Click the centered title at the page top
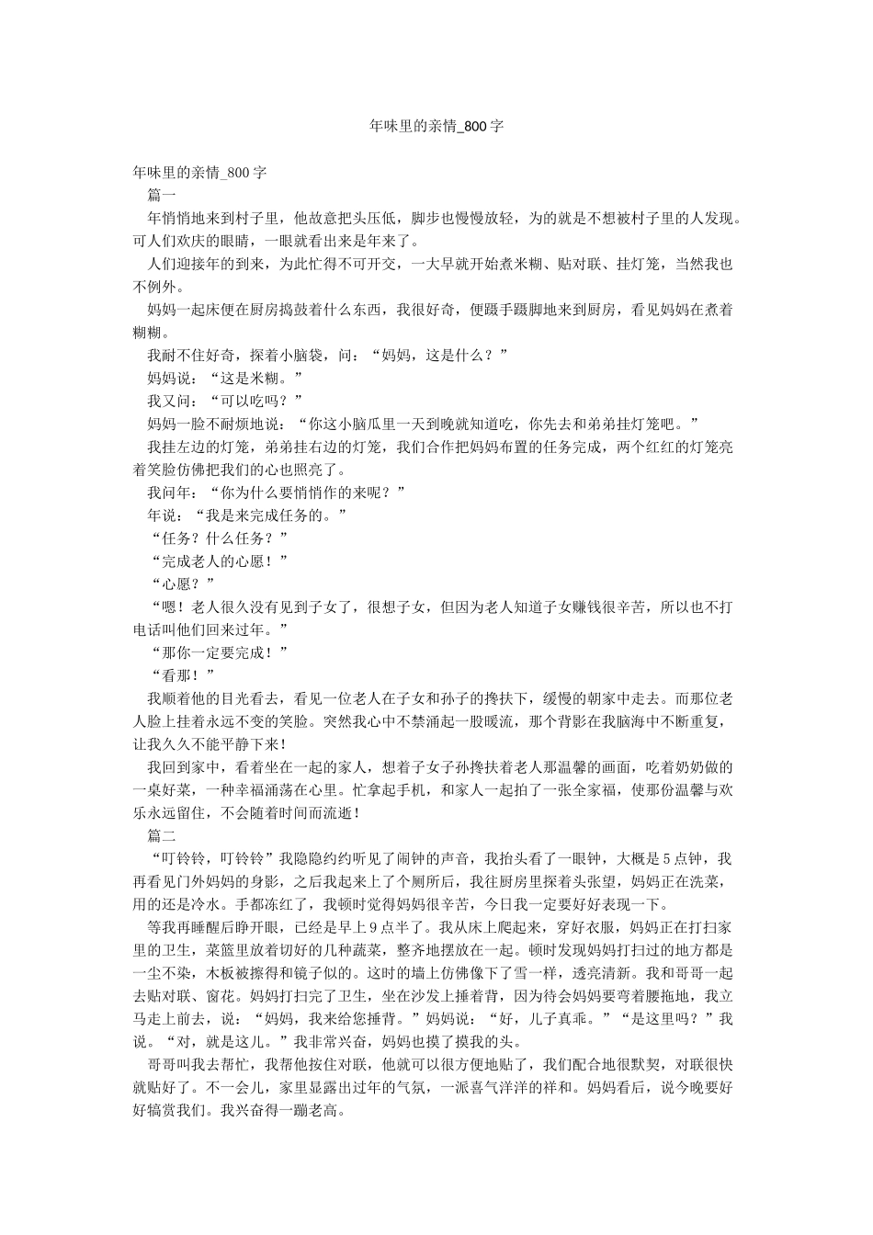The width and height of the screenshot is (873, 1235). (436, 126)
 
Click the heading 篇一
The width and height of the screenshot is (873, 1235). (162, 195)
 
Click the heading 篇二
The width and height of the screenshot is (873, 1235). (162, 836)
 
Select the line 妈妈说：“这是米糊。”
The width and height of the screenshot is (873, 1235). (225, 378)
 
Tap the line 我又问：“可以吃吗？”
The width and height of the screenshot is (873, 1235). (225, 401)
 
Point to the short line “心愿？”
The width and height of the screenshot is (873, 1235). (181, 584)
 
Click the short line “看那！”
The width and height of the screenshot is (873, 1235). (181, 675)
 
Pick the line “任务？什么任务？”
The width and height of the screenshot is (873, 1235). (218, 538)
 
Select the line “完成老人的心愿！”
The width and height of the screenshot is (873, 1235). (218, 561)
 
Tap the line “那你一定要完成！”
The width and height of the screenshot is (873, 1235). (218, 652)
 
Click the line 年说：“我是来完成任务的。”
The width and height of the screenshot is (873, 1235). (247, 515)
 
